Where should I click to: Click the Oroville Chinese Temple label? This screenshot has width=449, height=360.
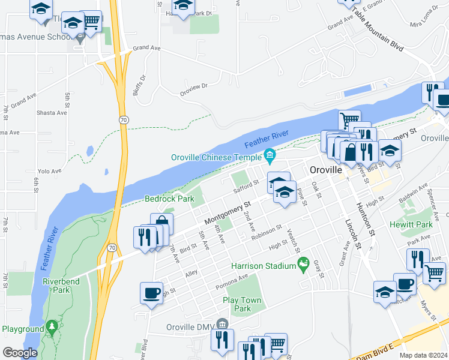(x=216, y=157)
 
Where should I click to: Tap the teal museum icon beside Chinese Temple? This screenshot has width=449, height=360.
(x=270, y=157)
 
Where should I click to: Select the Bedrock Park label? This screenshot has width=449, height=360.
(x=169, y=199)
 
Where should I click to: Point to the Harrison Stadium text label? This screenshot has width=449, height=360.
(x=263, y=265)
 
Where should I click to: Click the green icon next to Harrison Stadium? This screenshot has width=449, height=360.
(x=303, y=265)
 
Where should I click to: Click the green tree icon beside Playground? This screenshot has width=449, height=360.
(x=53, y=328)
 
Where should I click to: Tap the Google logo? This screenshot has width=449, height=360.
(x=20, y=353)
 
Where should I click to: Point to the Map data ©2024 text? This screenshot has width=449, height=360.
(x=423, y=355)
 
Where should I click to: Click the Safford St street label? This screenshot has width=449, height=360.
(x=247, y=188)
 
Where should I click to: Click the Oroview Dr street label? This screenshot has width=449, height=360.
(x=193, y=90)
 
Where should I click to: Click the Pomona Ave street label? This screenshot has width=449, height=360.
(x=235, y=278)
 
